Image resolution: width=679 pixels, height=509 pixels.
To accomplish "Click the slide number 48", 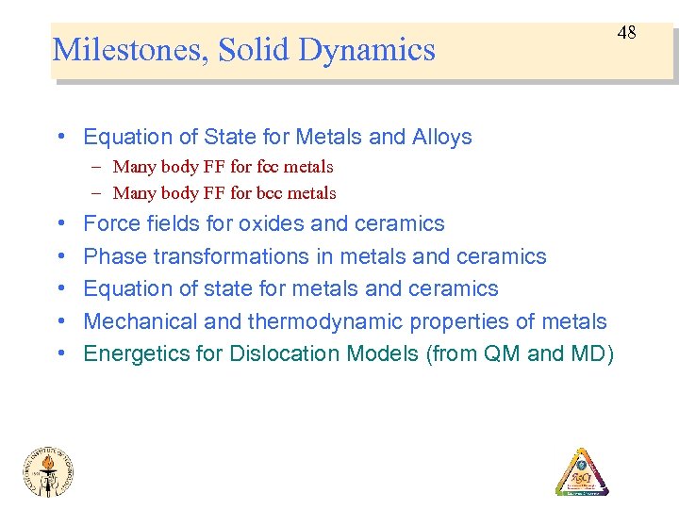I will pyautogui.click(x=627, y=33).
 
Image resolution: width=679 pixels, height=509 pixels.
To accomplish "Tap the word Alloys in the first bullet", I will pyautogui.click(x=441, y=138).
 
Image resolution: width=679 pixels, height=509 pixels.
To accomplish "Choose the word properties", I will pyautogui.click(x=470, y=321).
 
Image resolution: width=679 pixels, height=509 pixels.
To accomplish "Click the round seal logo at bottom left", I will pyautogui.click(x=49, y=470).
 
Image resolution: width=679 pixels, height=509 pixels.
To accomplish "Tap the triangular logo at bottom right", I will pyautogui.click(x=581, y=473).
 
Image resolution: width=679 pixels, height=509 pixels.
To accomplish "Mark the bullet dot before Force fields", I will pyautogui.click(x=60, y=224).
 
